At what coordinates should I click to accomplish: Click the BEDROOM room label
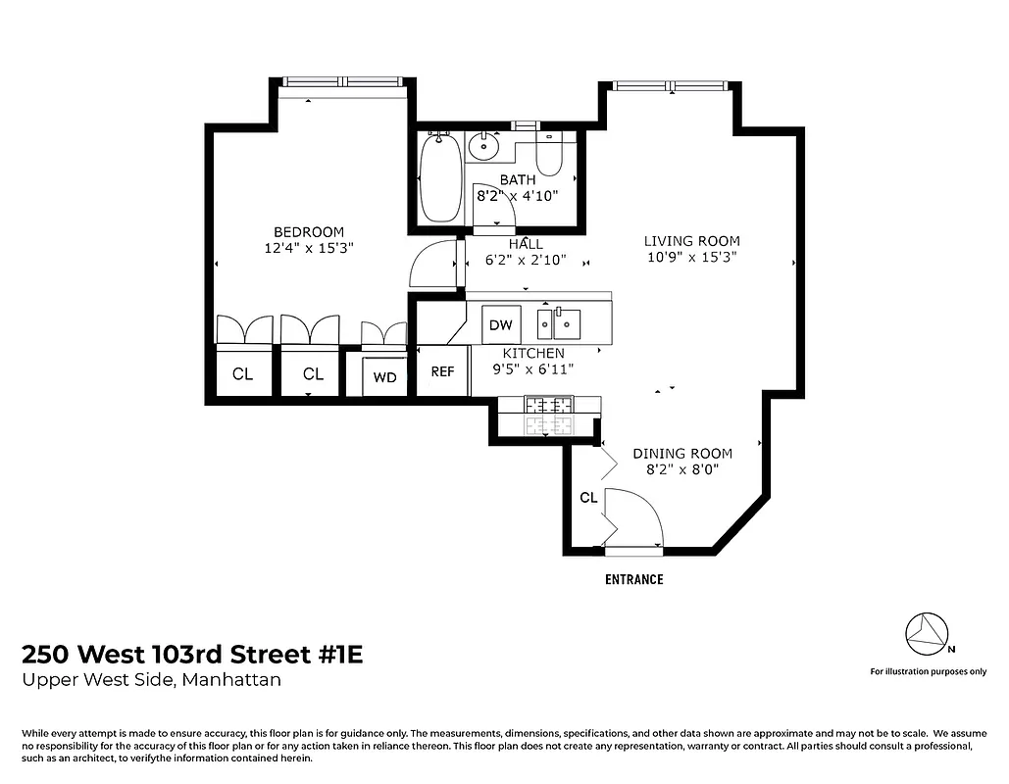pyautogui.click(x=309, y=231)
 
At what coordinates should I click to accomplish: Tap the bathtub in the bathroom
pyautogui.click(x=440, y=180)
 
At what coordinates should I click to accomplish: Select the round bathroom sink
pyautogui.click(x=483, y=147)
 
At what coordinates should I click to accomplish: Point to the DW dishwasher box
pyautogui.click(x=500, y=324)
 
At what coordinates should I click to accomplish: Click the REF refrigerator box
pyautogui.click(x=443, y=372)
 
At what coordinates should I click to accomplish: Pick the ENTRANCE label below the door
pyautogui.click(x=633, y=579)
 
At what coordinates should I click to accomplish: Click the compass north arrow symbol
pyautogui.click(x=926, y=634)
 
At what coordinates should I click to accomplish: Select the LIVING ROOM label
pyautogui.click(x=691, y=241)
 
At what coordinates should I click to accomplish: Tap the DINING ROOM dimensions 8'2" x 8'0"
pyautogui.click(x=682, y=469)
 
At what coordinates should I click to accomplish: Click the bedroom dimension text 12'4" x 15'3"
pyautogui.click(x=309, y=248)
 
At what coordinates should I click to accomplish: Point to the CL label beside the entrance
pyautogui.click(x=588, y=498)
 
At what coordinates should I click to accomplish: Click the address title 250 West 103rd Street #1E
pyautogui.click(x=192, y=655)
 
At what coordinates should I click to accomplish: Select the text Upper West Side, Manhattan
pyautogui.click(x=152, y=680)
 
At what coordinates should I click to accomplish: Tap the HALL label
pyautogui.click(x=526, y=244)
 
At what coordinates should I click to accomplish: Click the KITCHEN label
pyautogui.click(x=533, y=353)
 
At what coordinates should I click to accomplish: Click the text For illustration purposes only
pyautogui.click(x=928, y=671)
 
